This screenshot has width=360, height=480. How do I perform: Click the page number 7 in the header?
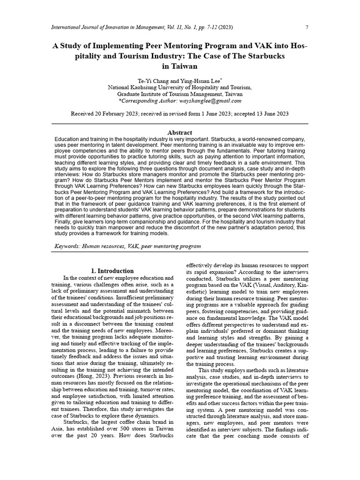307,27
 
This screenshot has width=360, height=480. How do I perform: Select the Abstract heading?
180,133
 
